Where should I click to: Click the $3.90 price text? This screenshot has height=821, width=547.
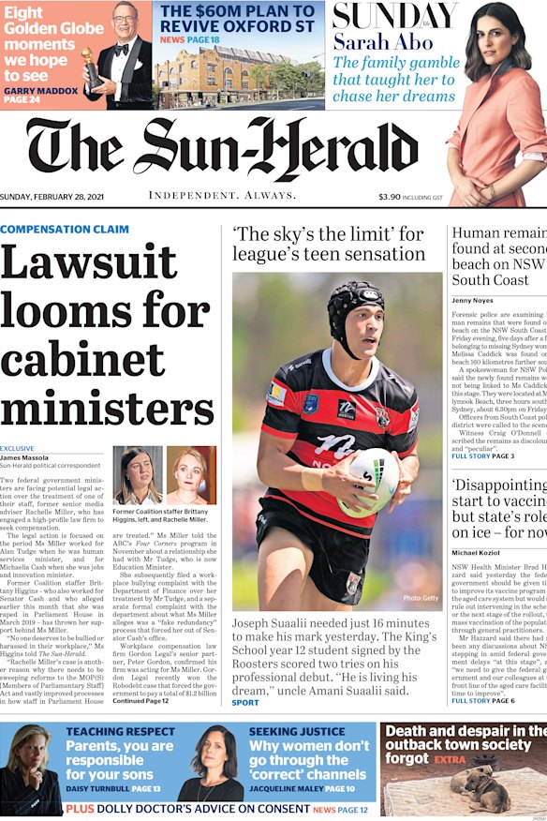(389, 197)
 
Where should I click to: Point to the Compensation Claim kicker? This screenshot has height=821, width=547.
(65, 230)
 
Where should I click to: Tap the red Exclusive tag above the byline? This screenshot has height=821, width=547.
(17, 449)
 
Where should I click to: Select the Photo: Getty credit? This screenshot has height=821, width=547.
(421, 598)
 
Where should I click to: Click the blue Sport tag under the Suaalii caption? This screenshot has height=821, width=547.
(245, 702)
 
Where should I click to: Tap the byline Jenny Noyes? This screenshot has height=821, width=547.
(474, 300)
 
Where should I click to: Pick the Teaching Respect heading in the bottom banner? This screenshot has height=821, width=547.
(107, 731)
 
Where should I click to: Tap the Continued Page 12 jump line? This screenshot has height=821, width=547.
(141, 701)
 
